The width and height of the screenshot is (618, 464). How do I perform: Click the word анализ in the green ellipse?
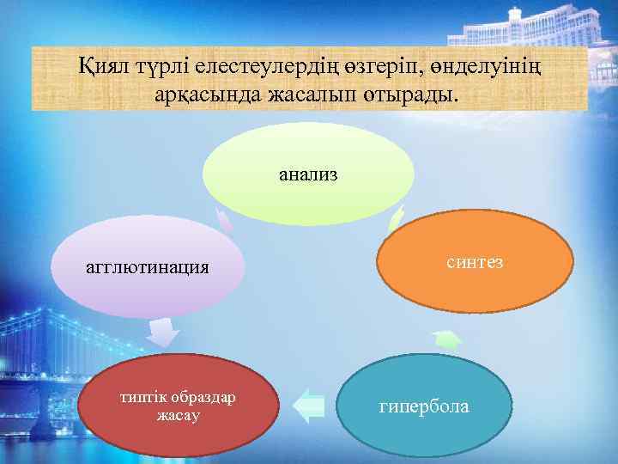307,175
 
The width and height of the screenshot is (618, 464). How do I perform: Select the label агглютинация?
148,266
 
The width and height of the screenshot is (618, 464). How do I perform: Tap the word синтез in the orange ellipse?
475,261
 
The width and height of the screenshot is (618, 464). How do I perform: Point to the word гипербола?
424,406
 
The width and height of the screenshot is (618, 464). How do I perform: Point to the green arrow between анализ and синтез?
396,220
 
